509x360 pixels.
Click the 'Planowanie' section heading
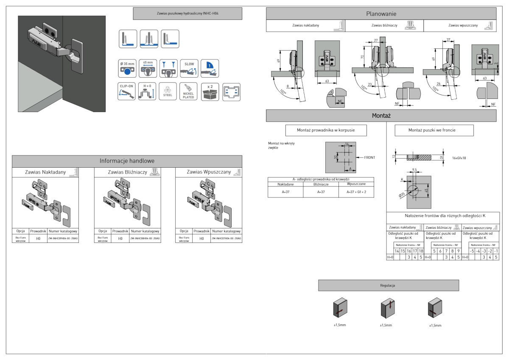coord(381,14)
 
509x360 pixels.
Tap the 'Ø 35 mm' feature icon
coord(127,68)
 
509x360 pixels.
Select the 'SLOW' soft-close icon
coord(189,68)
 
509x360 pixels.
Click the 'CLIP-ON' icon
coord(127,91)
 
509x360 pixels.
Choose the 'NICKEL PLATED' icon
coord(189,91)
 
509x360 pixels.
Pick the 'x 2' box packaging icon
coord(210,91)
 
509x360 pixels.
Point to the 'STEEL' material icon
coord(168,91)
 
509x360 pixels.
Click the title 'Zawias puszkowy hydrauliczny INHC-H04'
coord(187,14)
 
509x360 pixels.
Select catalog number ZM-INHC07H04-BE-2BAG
coord(227,239)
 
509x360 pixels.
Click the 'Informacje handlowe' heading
coord(127,161)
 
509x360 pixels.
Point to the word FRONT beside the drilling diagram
coord(369,157)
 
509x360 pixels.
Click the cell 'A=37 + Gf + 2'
coord(356,192)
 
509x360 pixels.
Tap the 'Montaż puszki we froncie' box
coord(434,130)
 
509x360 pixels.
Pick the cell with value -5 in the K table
coord(471,251)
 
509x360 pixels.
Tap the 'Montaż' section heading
coord(381,115)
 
